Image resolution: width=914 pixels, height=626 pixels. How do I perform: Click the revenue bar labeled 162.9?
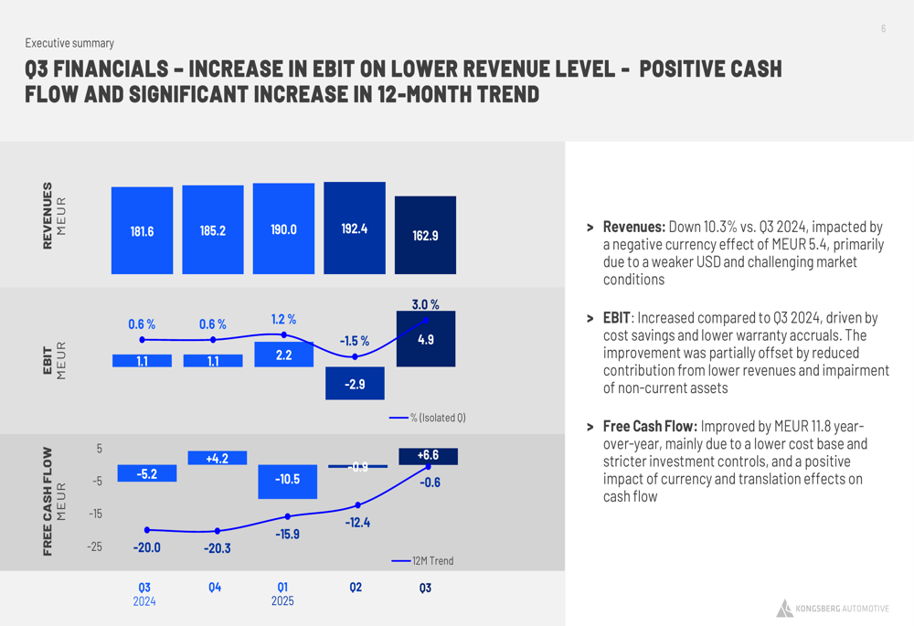tap(425, 235)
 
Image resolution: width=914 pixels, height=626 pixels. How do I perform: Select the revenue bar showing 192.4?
tap(355, 228)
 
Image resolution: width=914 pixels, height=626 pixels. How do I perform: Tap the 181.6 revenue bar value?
tap(142, 231)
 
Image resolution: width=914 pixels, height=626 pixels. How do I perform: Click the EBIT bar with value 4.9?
tap(425, 339)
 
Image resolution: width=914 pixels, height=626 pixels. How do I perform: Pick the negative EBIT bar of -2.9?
tap(355, 384)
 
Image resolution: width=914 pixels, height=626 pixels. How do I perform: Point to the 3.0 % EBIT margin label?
tap(425, 304)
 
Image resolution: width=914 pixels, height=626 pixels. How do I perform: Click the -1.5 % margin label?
tap(355, 341)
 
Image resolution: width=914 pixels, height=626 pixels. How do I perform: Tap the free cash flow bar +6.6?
tap(428, 456)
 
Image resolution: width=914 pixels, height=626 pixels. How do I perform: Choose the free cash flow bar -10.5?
tap(287, 481)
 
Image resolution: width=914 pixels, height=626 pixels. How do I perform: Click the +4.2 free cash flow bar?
tap(217, 458)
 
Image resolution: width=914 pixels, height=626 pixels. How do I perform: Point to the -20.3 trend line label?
tap(217, 548)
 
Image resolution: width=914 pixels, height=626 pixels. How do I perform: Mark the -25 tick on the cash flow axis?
tap(94, 546)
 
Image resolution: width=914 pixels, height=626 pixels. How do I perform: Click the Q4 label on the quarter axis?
tap(214, 588)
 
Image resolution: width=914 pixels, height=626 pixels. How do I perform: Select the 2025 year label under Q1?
tap(282, 601)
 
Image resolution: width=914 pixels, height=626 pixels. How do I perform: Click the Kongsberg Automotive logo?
tap(832, 609)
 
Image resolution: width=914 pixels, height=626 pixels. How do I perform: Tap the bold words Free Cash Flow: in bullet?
tap(649, 427)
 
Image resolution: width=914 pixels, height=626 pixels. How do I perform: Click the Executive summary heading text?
tap(69, 43)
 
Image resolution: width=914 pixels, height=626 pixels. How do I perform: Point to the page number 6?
tap(883, 29)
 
